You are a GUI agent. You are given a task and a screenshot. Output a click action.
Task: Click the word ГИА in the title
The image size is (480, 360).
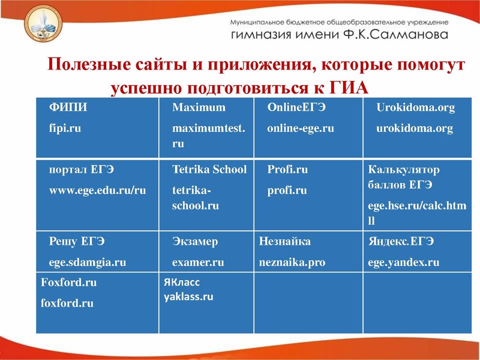350,88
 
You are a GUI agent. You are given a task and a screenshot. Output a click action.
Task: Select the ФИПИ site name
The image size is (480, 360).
68,108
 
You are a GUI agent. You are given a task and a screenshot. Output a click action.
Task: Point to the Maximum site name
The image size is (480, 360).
199,108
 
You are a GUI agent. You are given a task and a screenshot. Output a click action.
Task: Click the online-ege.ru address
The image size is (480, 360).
300,128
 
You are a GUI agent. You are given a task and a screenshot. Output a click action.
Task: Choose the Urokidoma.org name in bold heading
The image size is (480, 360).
415,108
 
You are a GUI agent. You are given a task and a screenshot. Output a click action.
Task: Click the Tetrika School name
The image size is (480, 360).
209,170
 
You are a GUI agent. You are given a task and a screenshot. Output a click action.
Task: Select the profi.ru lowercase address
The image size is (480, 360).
287,191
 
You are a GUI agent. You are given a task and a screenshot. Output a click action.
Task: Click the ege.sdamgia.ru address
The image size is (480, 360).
87,262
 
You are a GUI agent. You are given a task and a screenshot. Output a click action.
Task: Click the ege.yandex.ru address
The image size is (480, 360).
403,262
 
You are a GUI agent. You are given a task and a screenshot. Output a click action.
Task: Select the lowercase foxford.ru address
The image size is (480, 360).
67,303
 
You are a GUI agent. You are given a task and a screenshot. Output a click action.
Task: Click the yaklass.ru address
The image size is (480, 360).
188,296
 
